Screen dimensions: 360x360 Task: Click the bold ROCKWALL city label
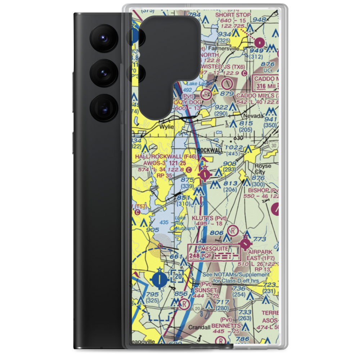point(210,150)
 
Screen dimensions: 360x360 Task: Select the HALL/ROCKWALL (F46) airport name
point(166,157)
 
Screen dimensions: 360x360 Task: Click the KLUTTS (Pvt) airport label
point(209,218)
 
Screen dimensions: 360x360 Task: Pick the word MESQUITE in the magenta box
point(215,248)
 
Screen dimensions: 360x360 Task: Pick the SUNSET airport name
point(206,290)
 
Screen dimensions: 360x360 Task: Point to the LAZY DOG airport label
point(188,102)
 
